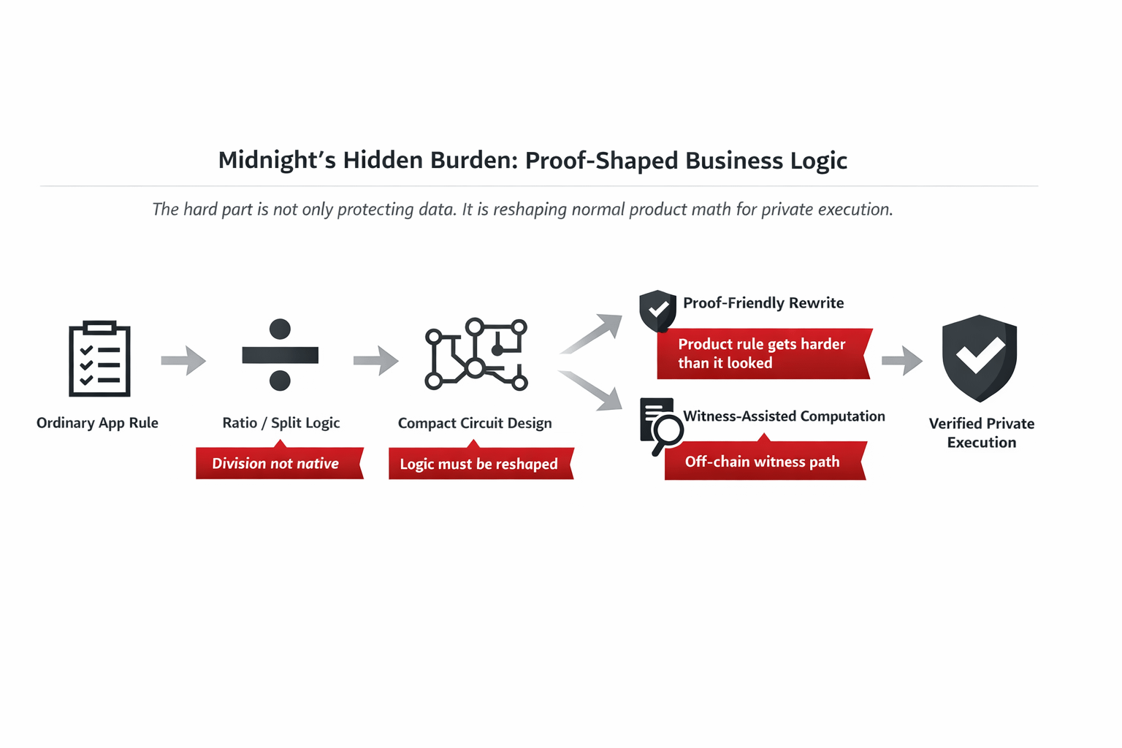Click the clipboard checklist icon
click(x=99, y=359)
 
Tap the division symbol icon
click(x=280, y=355)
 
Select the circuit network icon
click(x=476, y=354)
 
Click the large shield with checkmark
click(x=979, y=357)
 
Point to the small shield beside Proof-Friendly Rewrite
click(x=657, y=310)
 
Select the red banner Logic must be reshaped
click(x=480, y=464)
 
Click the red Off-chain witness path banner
click(x=764, y=462)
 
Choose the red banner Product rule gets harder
click(x=763, y=354)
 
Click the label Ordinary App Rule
click(x=97, y=423)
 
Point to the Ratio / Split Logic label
click(x=281, y=423)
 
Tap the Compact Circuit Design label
click(x=475, y=423)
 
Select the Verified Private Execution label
click(x=981, y=432)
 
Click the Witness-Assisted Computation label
click(x=784, y=416)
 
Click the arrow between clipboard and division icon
click(x=183, y=359)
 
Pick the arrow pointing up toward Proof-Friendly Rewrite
click(x=592, y=333)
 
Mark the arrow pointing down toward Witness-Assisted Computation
click(x=592, y=390)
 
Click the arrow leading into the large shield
click(x=902, y=359)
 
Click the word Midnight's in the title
click(x=277, y=160)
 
